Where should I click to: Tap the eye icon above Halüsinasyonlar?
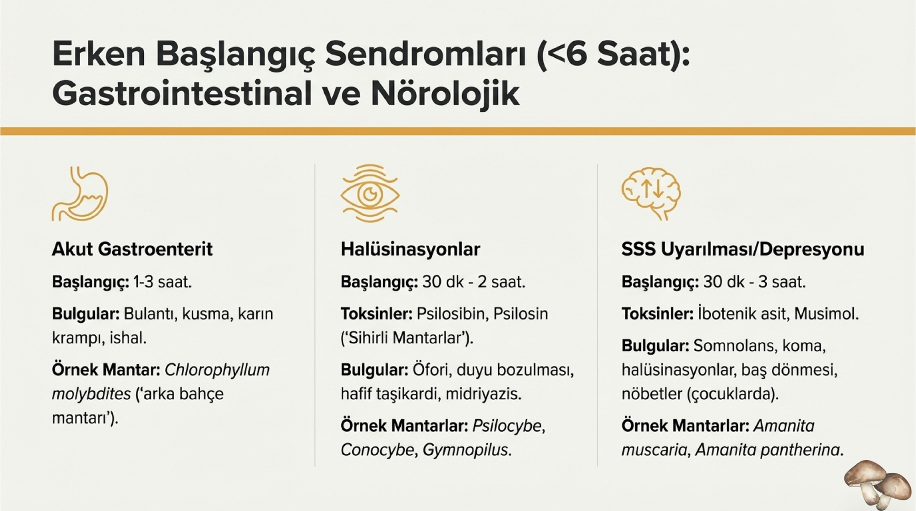[x=370, y=193]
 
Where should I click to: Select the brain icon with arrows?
[x=651, y=193]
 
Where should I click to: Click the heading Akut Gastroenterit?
[x=132, y=249]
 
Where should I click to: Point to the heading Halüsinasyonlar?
[x=410, y=249]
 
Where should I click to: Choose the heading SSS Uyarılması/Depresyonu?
[x=743, y=249]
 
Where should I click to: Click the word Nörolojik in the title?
[x=445, y=94]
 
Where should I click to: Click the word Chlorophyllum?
[x=217, y=370]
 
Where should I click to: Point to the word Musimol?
[x=826, y=314]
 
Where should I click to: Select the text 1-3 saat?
[x=163, y=282]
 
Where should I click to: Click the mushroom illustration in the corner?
[x=878, y=484]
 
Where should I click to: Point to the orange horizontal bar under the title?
[x=458, y=131]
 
